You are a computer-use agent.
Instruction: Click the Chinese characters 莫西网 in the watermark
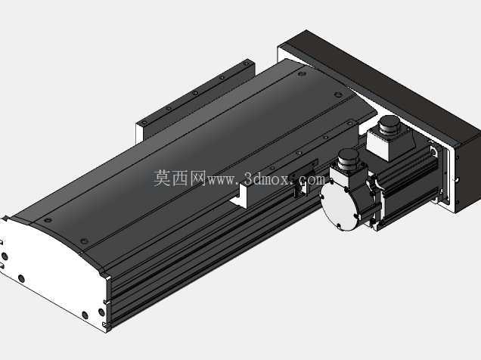pyautogui.click(x=179, y=178)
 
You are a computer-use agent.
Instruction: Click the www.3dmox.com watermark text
pyautogui.click(x=266, y=179)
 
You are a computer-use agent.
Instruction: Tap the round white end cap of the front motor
pyautogui.click(x=338, y=205)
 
